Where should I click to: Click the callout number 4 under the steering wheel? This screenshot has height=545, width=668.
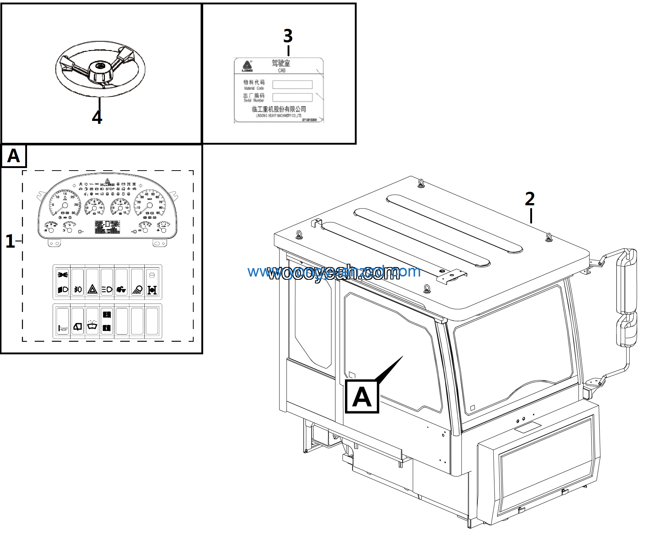pyautogui.click(x=97, y=117)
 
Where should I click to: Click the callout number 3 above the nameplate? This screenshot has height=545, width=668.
pyautogui.click(x=288, y=36)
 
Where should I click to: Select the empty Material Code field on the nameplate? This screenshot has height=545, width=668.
pyautogui.click(x=292, y=84)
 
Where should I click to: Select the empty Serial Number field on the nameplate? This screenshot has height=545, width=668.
pyautogui.click(x=292, y=97)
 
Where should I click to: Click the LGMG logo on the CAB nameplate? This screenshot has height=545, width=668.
pyautogui.click(x=247, y=66)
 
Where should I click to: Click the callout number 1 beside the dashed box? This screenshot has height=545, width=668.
pyautogui.click(x=10, y=241)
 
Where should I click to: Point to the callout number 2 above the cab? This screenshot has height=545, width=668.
pyautogui.click(x=530, y=199)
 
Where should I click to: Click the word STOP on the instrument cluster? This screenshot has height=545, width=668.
pyautogui.click(x=110, y=189)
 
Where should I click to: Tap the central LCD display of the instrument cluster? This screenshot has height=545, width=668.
pyautogui.click(x=107, y=226)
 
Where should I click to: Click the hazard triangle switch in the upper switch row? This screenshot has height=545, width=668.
pyautogui.click(x=92, y=289)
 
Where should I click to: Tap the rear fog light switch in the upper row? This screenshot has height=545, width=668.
pyautogui.click(x=77, y=289)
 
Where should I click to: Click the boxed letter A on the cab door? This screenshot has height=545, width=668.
pyautogui.click(x=362, y=396)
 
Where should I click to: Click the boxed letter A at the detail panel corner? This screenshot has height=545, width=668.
pyautogui.click(x=14, y=156)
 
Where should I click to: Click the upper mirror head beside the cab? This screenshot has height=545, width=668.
pyautogui.click(x=627, y=281)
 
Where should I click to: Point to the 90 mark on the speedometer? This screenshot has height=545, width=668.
pyautogui.click(x=158, y=213)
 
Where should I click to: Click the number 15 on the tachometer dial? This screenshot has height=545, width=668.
pyautogui.click(x=65, y=194)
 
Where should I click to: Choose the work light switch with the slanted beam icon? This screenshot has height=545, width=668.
pyautogui.click(x=137, y=289)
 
